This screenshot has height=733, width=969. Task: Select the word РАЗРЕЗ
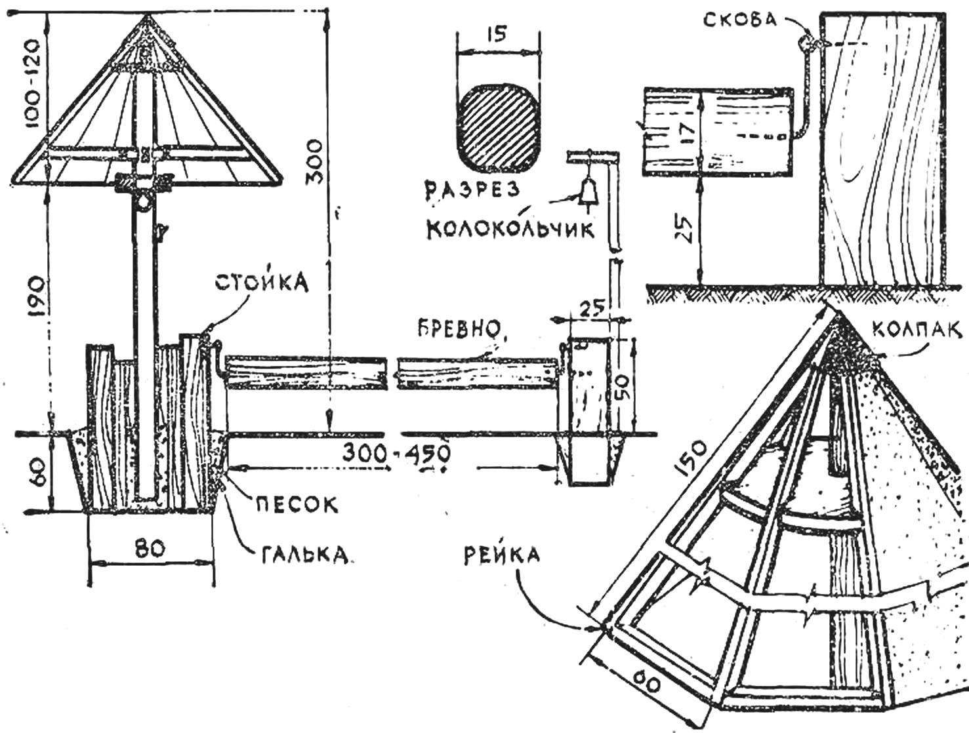pyautogui.click(x=472, y=190)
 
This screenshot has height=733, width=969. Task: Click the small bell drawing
pyautogui.click(x=588, y=190)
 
